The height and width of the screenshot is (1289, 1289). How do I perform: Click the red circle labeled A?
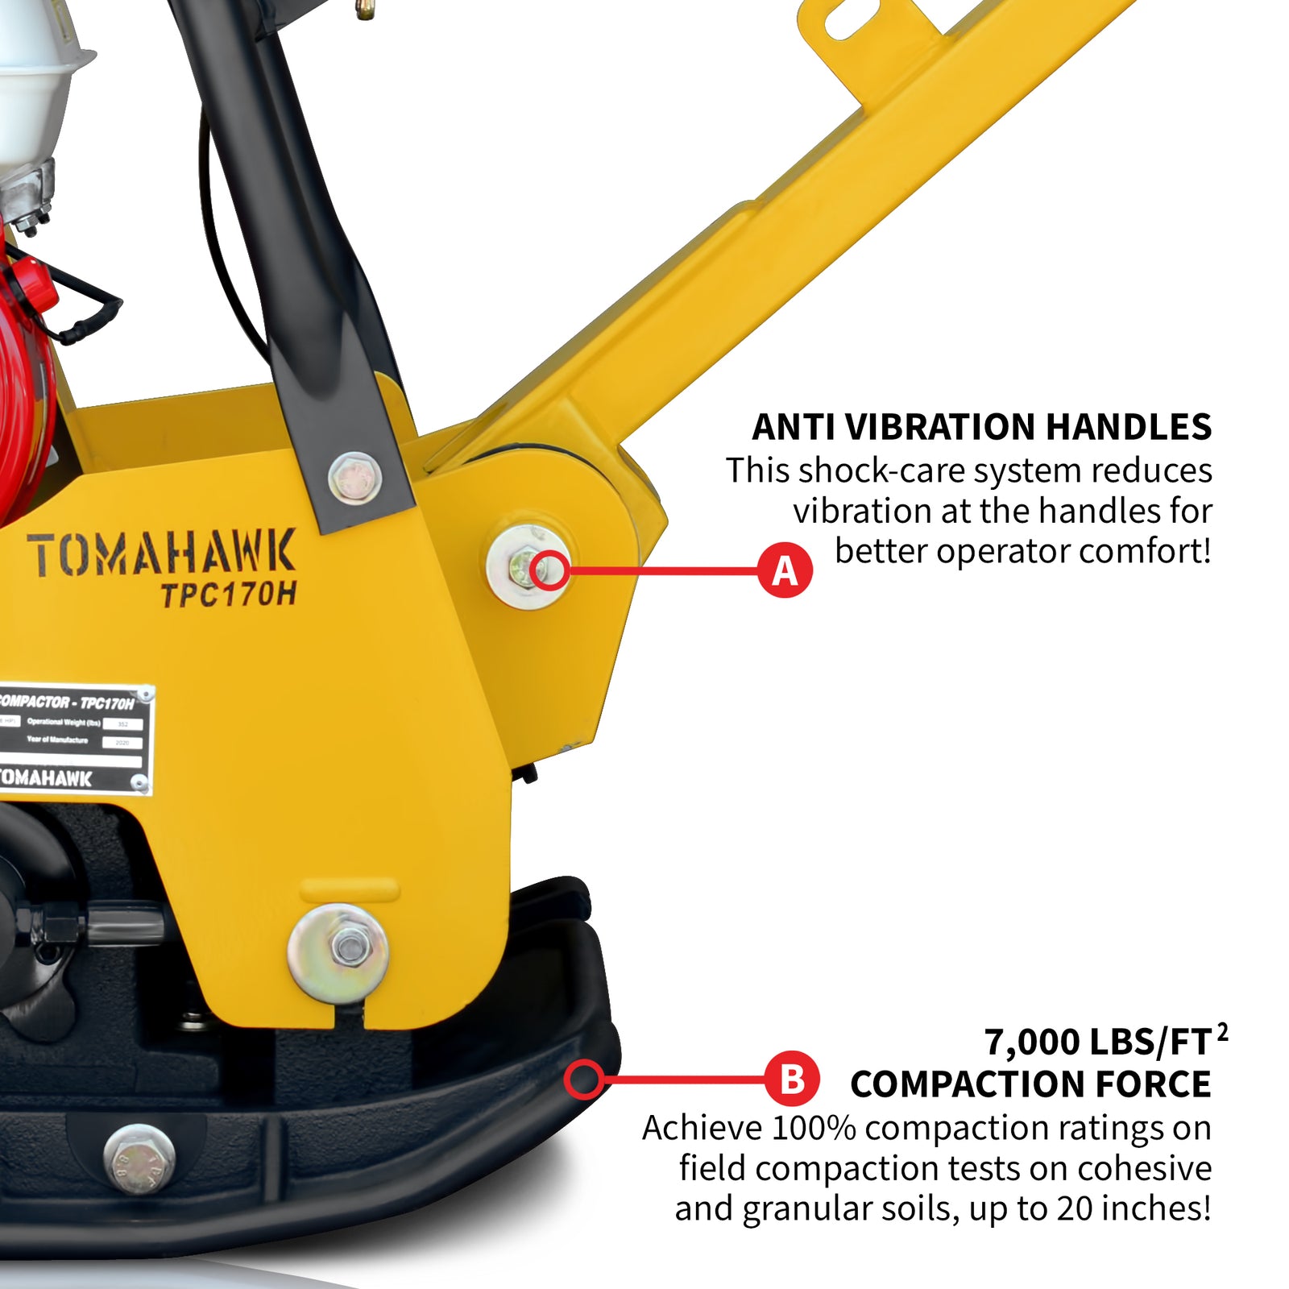(x=785, y=570)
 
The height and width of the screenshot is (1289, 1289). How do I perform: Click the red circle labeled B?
(x=792, y=1079)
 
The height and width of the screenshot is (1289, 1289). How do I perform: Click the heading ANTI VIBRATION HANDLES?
(x=980, y=427)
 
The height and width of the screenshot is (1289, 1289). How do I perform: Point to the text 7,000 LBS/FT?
(x=1097, y=1042)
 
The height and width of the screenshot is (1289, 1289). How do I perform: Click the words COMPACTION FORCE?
(x=1030, y=1084)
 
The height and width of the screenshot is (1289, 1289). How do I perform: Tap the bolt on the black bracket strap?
(x=354, y=478)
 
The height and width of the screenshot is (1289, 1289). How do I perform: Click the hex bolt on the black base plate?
(x=139, y=1158)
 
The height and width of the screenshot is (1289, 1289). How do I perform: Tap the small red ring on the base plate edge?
(x=584, y=1080)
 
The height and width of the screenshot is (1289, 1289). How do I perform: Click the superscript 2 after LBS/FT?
(x=1222, y=1031)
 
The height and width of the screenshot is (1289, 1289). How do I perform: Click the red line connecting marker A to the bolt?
(x=661, y=570)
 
